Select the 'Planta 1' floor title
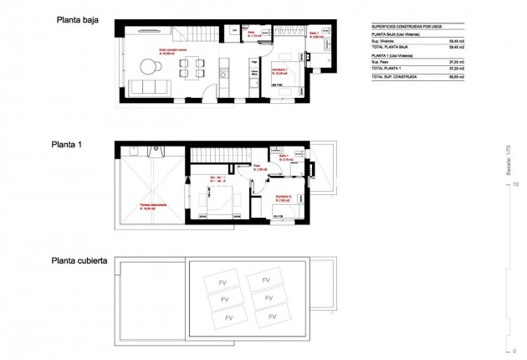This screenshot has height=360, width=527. (68, 144)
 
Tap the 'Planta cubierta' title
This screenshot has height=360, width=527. (82, 260)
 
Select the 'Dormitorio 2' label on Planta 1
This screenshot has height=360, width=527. (281, 198)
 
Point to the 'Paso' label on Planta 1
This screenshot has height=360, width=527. (259, 167)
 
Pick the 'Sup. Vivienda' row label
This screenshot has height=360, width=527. (384, 39)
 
